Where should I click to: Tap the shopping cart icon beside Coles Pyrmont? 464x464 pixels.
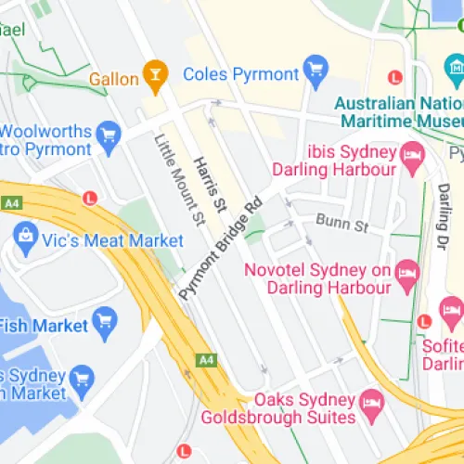316,71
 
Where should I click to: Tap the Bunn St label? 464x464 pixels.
342,223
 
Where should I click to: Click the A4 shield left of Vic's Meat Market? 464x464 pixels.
11,202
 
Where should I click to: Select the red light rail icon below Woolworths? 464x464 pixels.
90,198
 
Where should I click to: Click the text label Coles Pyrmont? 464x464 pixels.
240,73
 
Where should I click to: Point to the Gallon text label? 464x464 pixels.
113,79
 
